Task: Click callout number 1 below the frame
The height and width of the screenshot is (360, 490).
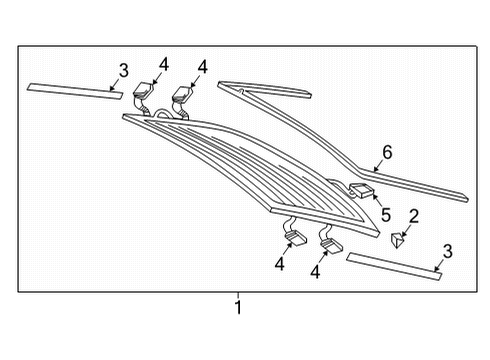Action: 238,307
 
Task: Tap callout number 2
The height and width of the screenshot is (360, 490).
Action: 413,216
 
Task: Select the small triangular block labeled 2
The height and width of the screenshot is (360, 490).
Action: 398,240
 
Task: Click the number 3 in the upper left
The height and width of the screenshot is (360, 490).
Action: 123,71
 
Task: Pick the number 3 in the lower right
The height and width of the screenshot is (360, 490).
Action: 448,251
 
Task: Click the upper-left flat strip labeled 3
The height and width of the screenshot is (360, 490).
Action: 75,91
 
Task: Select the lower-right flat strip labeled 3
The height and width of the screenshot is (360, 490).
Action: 394,266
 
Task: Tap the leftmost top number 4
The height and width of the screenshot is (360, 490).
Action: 164,64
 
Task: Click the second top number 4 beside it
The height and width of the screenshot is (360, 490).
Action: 202,67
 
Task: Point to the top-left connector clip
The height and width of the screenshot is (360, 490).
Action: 143,90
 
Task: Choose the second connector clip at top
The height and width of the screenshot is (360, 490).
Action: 182,94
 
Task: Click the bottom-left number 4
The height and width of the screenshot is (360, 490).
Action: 280,263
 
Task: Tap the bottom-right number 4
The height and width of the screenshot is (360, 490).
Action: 315,272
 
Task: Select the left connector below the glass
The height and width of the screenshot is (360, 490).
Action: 295,238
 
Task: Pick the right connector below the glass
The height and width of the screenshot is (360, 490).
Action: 332,245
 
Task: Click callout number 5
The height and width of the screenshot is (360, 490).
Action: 386,215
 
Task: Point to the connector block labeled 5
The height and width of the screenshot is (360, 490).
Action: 361,190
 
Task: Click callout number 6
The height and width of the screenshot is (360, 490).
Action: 387,152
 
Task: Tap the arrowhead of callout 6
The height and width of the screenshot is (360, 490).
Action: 375,169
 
